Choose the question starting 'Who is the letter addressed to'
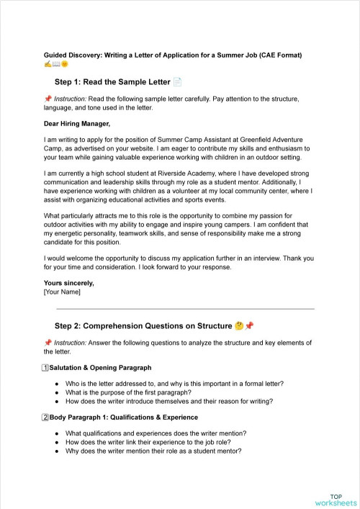point(174,384)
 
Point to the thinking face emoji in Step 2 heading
point(238,325)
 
